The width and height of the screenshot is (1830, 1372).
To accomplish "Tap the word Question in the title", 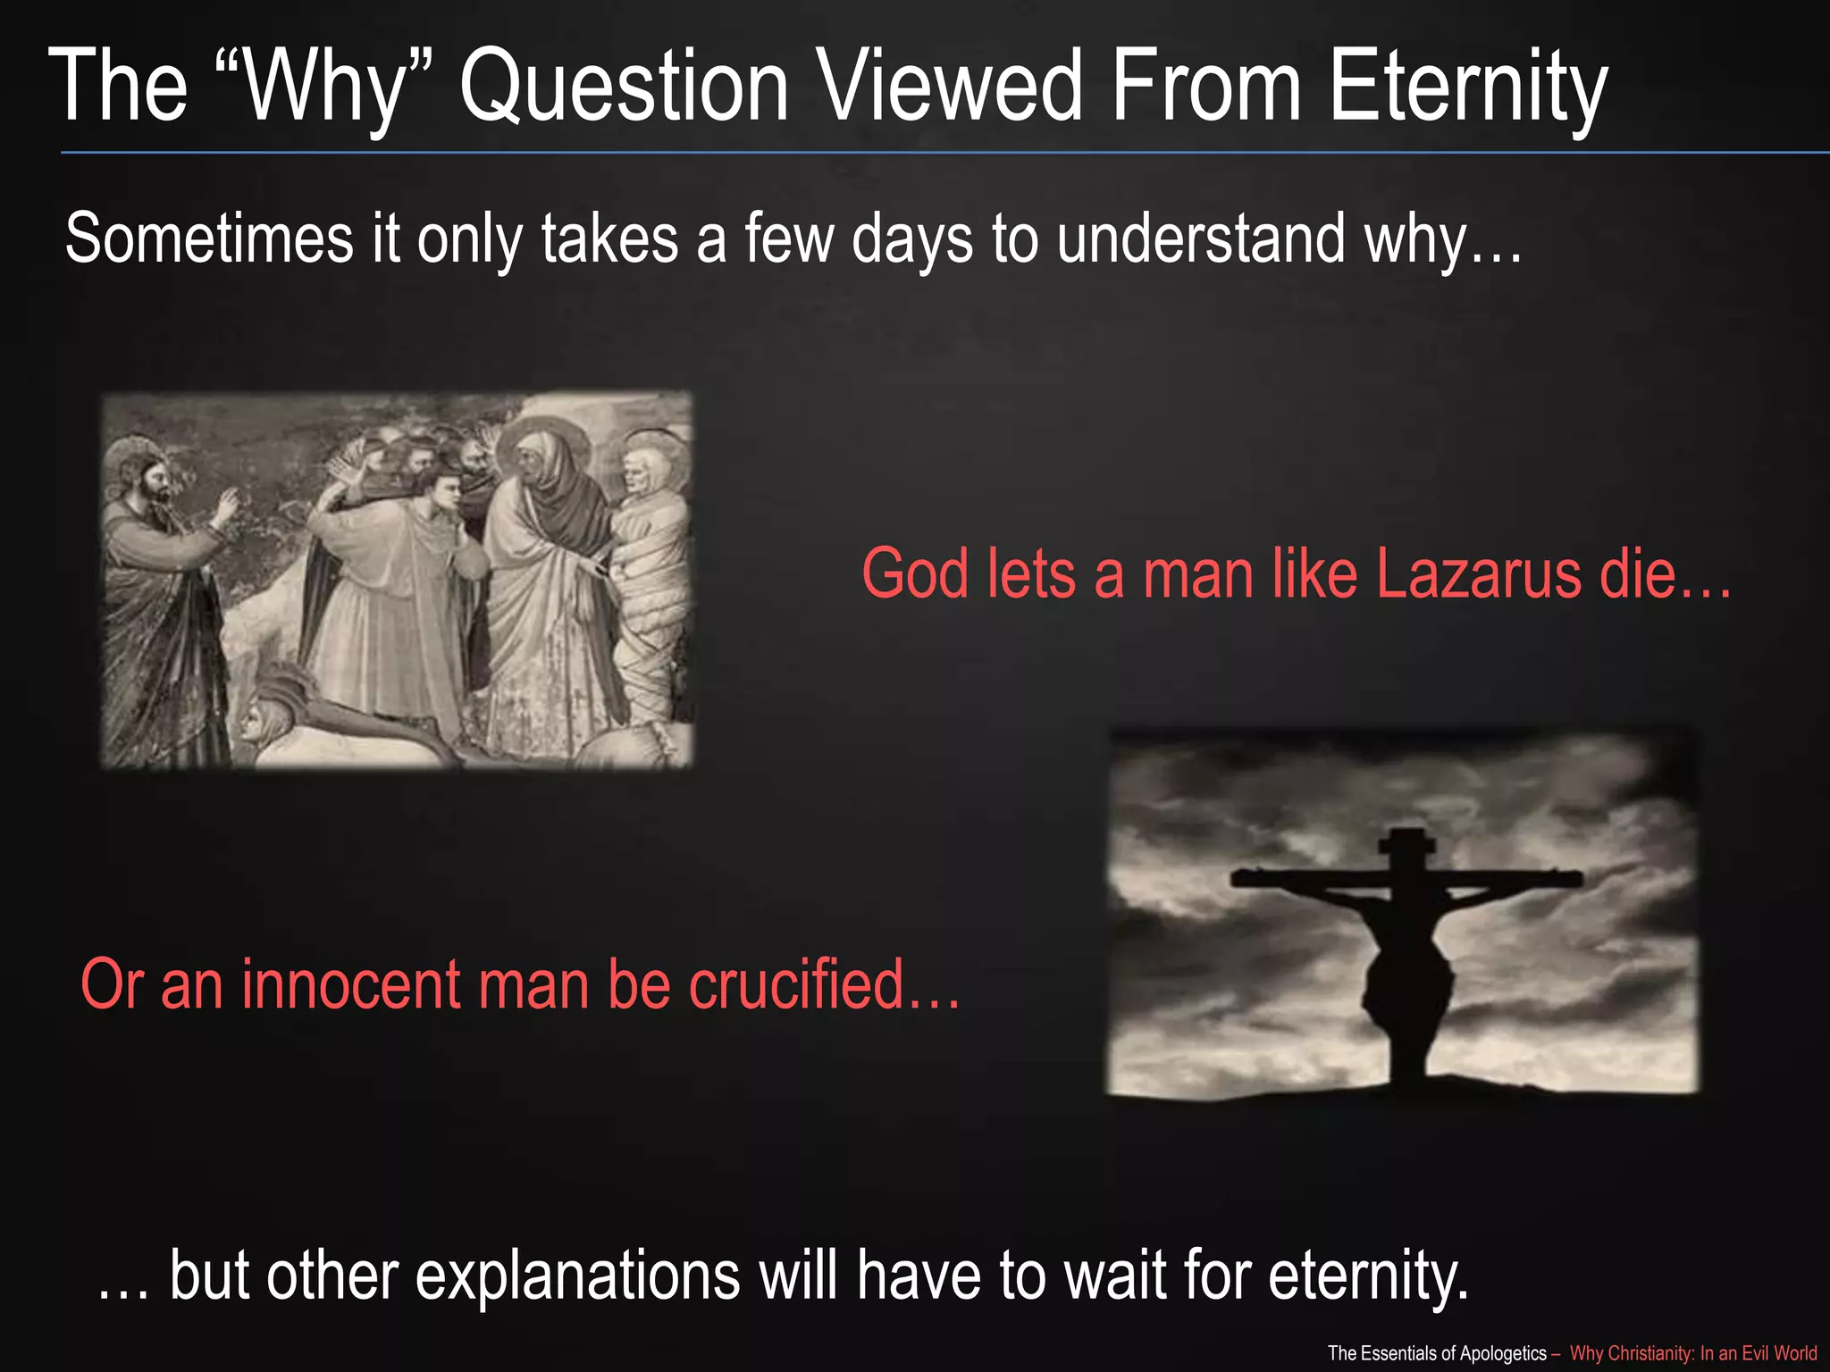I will pyautogui.click(x=624, y=87).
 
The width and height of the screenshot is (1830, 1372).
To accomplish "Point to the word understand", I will pyautogui.click(x=1201, y=239).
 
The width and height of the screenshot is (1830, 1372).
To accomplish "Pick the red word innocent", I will pyautogui.click(x=350, y=984).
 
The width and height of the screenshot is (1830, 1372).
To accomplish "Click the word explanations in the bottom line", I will pyautogui.click(x=577, y=1275).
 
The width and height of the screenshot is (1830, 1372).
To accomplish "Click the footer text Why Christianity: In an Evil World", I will pyautogui.click(x=1693, y=1353).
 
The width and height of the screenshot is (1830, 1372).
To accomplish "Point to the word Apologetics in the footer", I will pyautogui.click(x=1503, y=1353).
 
